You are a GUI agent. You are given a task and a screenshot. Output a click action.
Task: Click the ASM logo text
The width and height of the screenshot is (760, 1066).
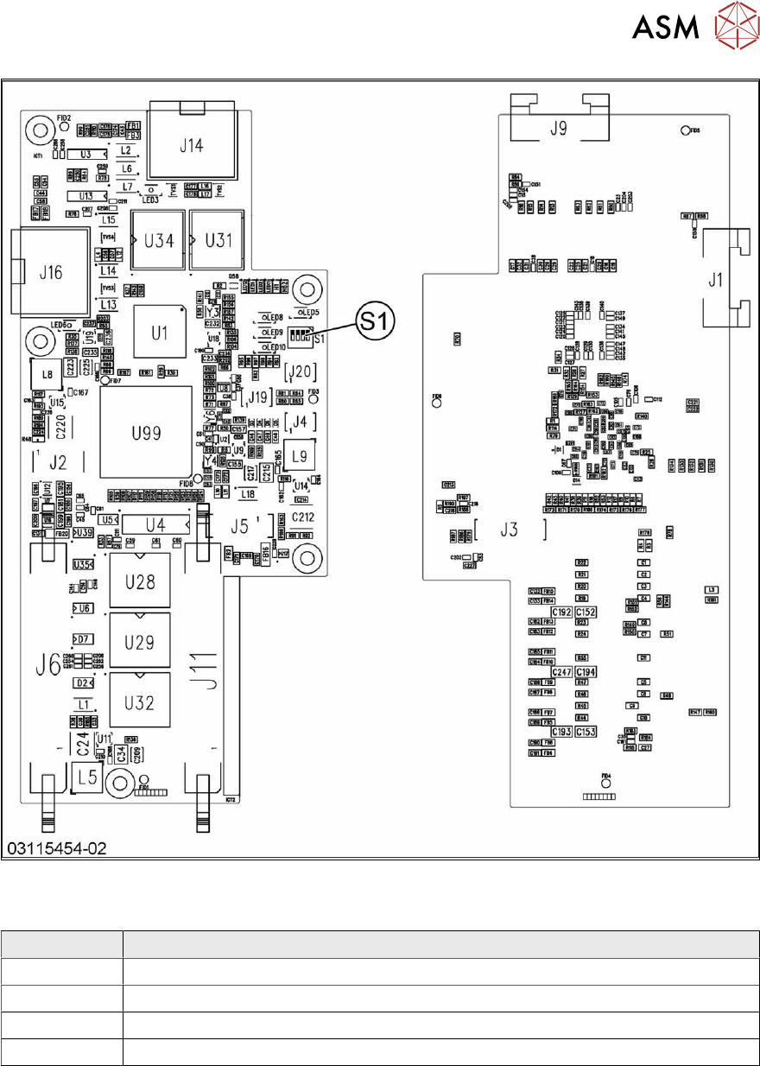(665, 29)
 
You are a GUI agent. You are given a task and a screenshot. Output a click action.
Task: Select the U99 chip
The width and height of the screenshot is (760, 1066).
(145, 431)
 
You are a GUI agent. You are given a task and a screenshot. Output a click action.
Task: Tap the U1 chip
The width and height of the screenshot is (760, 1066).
(156, 333)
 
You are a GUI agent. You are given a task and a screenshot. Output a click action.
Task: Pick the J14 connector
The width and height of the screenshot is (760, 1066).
(191, 146)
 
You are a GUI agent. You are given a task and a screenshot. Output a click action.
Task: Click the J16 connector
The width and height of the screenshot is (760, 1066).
(51, 273)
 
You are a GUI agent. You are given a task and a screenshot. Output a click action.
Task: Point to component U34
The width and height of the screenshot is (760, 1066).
(158, 241)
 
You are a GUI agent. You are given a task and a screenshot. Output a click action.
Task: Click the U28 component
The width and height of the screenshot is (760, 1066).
(139, 581)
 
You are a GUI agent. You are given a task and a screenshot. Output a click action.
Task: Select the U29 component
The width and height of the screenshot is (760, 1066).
(139, 642)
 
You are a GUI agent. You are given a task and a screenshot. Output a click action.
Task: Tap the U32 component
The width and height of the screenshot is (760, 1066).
(139, 702)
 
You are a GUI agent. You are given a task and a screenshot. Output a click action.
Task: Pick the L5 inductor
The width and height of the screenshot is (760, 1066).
(86, 777)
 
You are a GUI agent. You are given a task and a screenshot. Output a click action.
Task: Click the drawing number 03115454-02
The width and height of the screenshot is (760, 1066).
(57, 849)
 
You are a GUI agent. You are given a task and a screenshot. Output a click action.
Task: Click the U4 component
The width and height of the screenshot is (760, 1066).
(155, 524)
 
